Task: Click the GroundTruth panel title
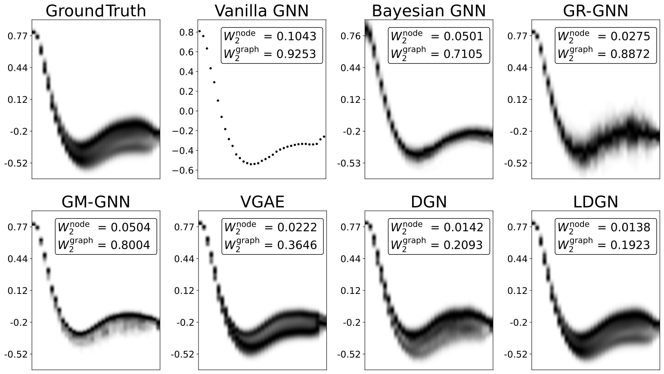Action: (x=96, y=11)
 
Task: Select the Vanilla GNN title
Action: (x=262, y=11)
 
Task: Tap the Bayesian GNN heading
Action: (x=428, y=11)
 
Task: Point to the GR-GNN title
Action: (x=596, y=11)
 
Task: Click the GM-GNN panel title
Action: (x=96, y=201)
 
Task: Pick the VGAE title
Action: (x=262, y=201)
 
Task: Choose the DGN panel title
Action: (x=429, y=201)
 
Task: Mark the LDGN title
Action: (x=596, y=201)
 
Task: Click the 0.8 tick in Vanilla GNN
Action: (x=186, y=32)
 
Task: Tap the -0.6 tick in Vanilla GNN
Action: (x=183, y=170)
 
